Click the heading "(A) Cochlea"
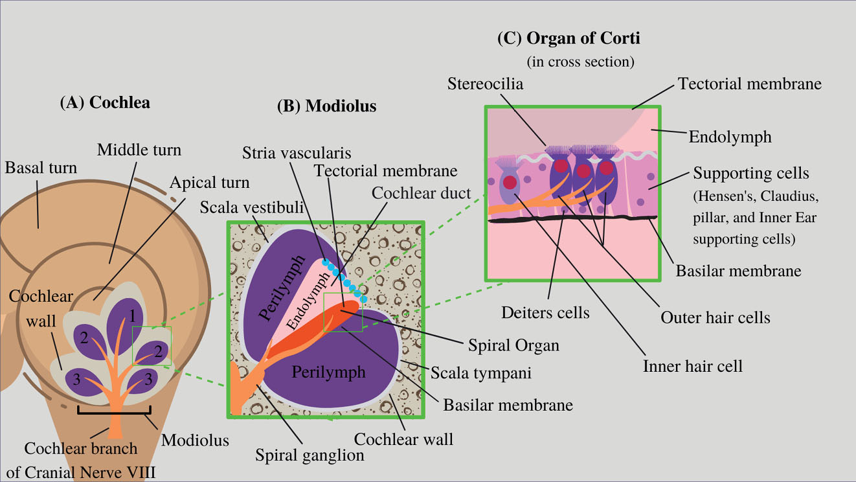click(104, 102)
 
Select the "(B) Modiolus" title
click(326, 106)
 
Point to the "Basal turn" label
click(41, 168)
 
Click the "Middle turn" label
click(139, 151)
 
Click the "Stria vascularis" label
click(297, 154)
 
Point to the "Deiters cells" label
click(545, 314)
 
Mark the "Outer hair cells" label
click(715, 317)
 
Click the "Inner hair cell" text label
click(692, 366)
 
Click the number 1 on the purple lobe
click(132, 317)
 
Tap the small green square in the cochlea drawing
click(152, 346)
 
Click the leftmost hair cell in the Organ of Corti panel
click(509, 182)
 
